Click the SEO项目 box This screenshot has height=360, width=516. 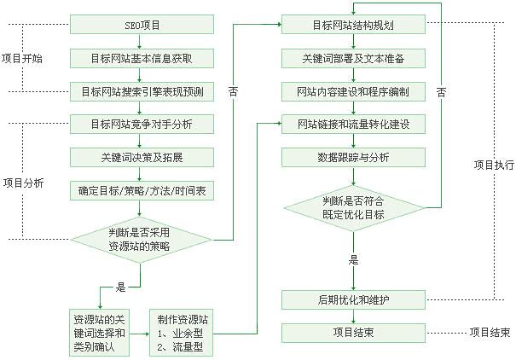[141, 25]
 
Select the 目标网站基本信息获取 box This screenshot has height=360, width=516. [141, 58]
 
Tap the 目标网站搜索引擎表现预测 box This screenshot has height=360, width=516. [141, 91]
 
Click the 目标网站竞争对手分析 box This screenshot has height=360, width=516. [141, 125]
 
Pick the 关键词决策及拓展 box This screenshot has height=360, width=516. [141, 158]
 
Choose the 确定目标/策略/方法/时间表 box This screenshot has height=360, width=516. [141, 191]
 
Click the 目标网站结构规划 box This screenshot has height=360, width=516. [353, 25]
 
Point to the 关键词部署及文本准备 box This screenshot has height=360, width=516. [353, 58]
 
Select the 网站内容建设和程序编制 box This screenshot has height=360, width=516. [353, 91]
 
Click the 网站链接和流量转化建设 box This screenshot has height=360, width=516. [353, 125]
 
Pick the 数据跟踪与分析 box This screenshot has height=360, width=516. [353, 158]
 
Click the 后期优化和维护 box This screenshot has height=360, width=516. [353, 299]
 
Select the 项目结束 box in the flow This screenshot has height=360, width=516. [353, 332]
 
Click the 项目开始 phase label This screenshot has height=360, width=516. [23, 58]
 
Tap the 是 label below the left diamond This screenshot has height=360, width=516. [120, 287]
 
